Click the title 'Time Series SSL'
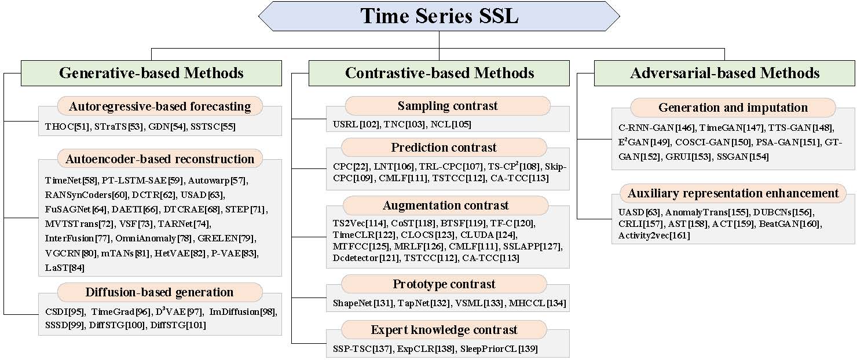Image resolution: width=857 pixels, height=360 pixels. (x=439, y=16)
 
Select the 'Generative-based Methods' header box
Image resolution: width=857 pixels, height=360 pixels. (x=151, y=73)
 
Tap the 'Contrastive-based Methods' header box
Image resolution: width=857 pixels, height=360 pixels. (x=440, y=73)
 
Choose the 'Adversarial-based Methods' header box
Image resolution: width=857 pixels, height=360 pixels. (x=724, y=73)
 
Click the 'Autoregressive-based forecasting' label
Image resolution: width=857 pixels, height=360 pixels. (x=160, y=106)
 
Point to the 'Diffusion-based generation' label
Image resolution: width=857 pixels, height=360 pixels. (x=159, y=292)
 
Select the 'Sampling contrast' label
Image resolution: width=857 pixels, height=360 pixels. (x=448, y=106)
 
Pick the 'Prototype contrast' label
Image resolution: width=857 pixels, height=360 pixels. (x=444, y=284)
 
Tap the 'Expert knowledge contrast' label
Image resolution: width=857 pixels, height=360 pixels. (x=444, y=330)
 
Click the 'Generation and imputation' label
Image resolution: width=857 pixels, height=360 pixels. (x=733, y=107)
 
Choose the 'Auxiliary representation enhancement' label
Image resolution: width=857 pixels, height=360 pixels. (x=733, y=193)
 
